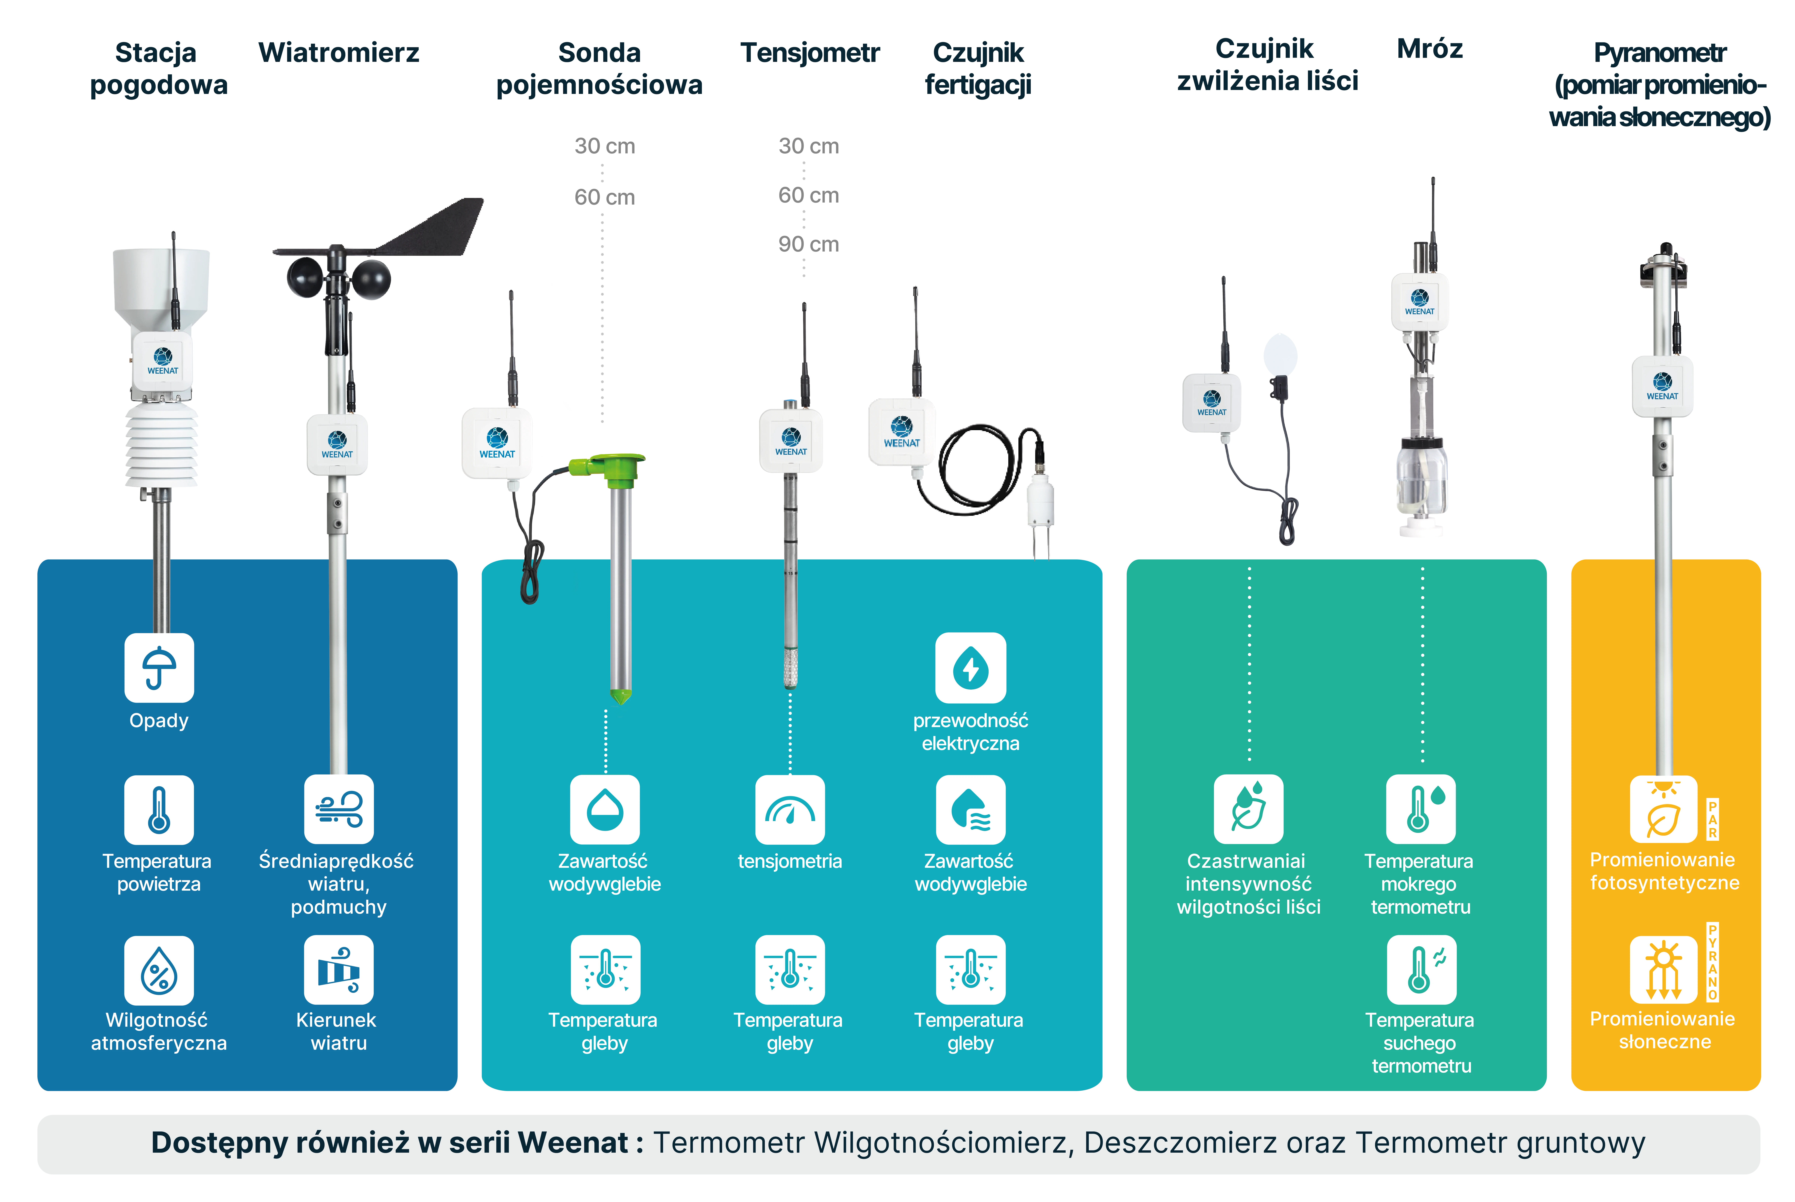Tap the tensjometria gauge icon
790,809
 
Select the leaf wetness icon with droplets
1248,809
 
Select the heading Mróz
1430,49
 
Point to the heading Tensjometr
810,52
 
